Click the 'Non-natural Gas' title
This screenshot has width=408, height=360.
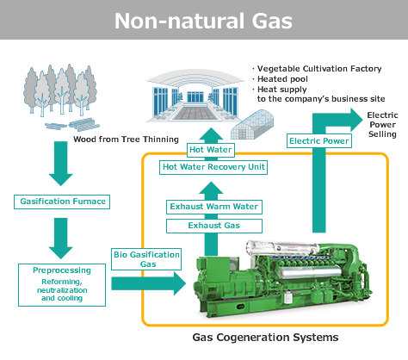pos(203,21)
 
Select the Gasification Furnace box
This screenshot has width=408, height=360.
pos(62,202)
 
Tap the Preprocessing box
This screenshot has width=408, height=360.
pos(62,285)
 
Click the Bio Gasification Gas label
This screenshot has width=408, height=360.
pos(146,259)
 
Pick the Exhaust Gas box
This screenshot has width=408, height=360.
pos(214,226)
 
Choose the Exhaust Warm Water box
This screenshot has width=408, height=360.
pos(214,207)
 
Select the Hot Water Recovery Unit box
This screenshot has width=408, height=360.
pos(213,167)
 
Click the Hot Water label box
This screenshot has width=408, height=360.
pos(211,150)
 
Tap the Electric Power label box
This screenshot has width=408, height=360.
pos(319,141)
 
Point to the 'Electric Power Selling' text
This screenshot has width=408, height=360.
pos(383,125)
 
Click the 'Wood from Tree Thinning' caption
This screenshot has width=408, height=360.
pos(126,140)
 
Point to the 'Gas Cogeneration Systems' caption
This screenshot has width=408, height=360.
pos(265,337)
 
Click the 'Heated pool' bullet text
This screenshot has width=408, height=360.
pos(282,79)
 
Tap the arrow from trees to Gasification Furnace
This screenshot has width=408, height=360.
pos(61,164)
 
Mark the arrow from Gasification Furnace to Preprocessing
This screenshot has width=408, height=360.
pos(61,239)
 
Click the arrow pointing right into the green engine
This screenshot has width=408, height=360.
pos(149,283)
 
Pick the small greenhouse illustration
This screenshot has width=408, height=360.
pos(252,125)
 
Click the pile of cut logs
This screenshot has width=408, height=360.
pos(72,125)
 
